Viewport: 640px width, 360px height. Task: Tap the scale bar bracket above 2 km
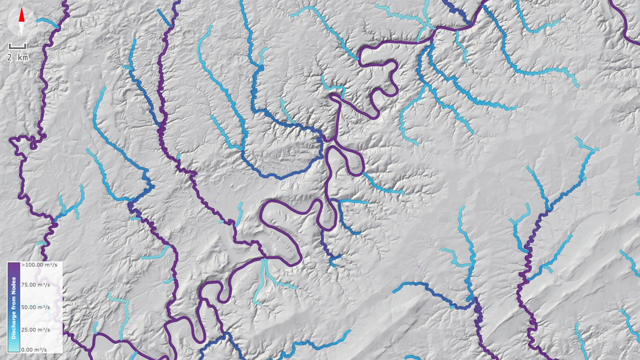[17, 47]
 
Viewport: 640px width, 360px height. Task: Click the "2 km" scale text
[17, 57]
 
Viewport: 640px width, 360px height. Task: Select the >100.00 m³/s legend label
[39, 265]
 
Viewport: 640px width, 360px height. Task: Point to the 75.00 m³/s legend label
[36, 285]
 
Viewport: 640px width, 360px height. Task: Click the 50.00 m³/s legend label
[36, 307]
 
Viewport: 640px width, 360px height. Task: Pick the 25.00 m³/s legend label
[36, 330]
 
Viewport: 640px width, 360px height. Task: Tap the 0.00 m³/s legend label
[34, 350]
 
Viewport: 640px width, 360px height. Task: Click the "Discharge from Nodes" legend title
[14, 308]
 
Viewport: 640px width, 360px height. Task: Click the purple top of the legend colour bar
[14, 265]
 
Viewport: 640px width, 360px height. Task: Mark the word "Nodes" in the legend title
[14, 285]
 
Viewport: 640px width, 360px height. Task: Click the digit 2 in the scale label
[10, 57]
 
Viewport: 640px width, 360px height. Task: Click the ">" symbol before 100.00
[23, 265]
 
